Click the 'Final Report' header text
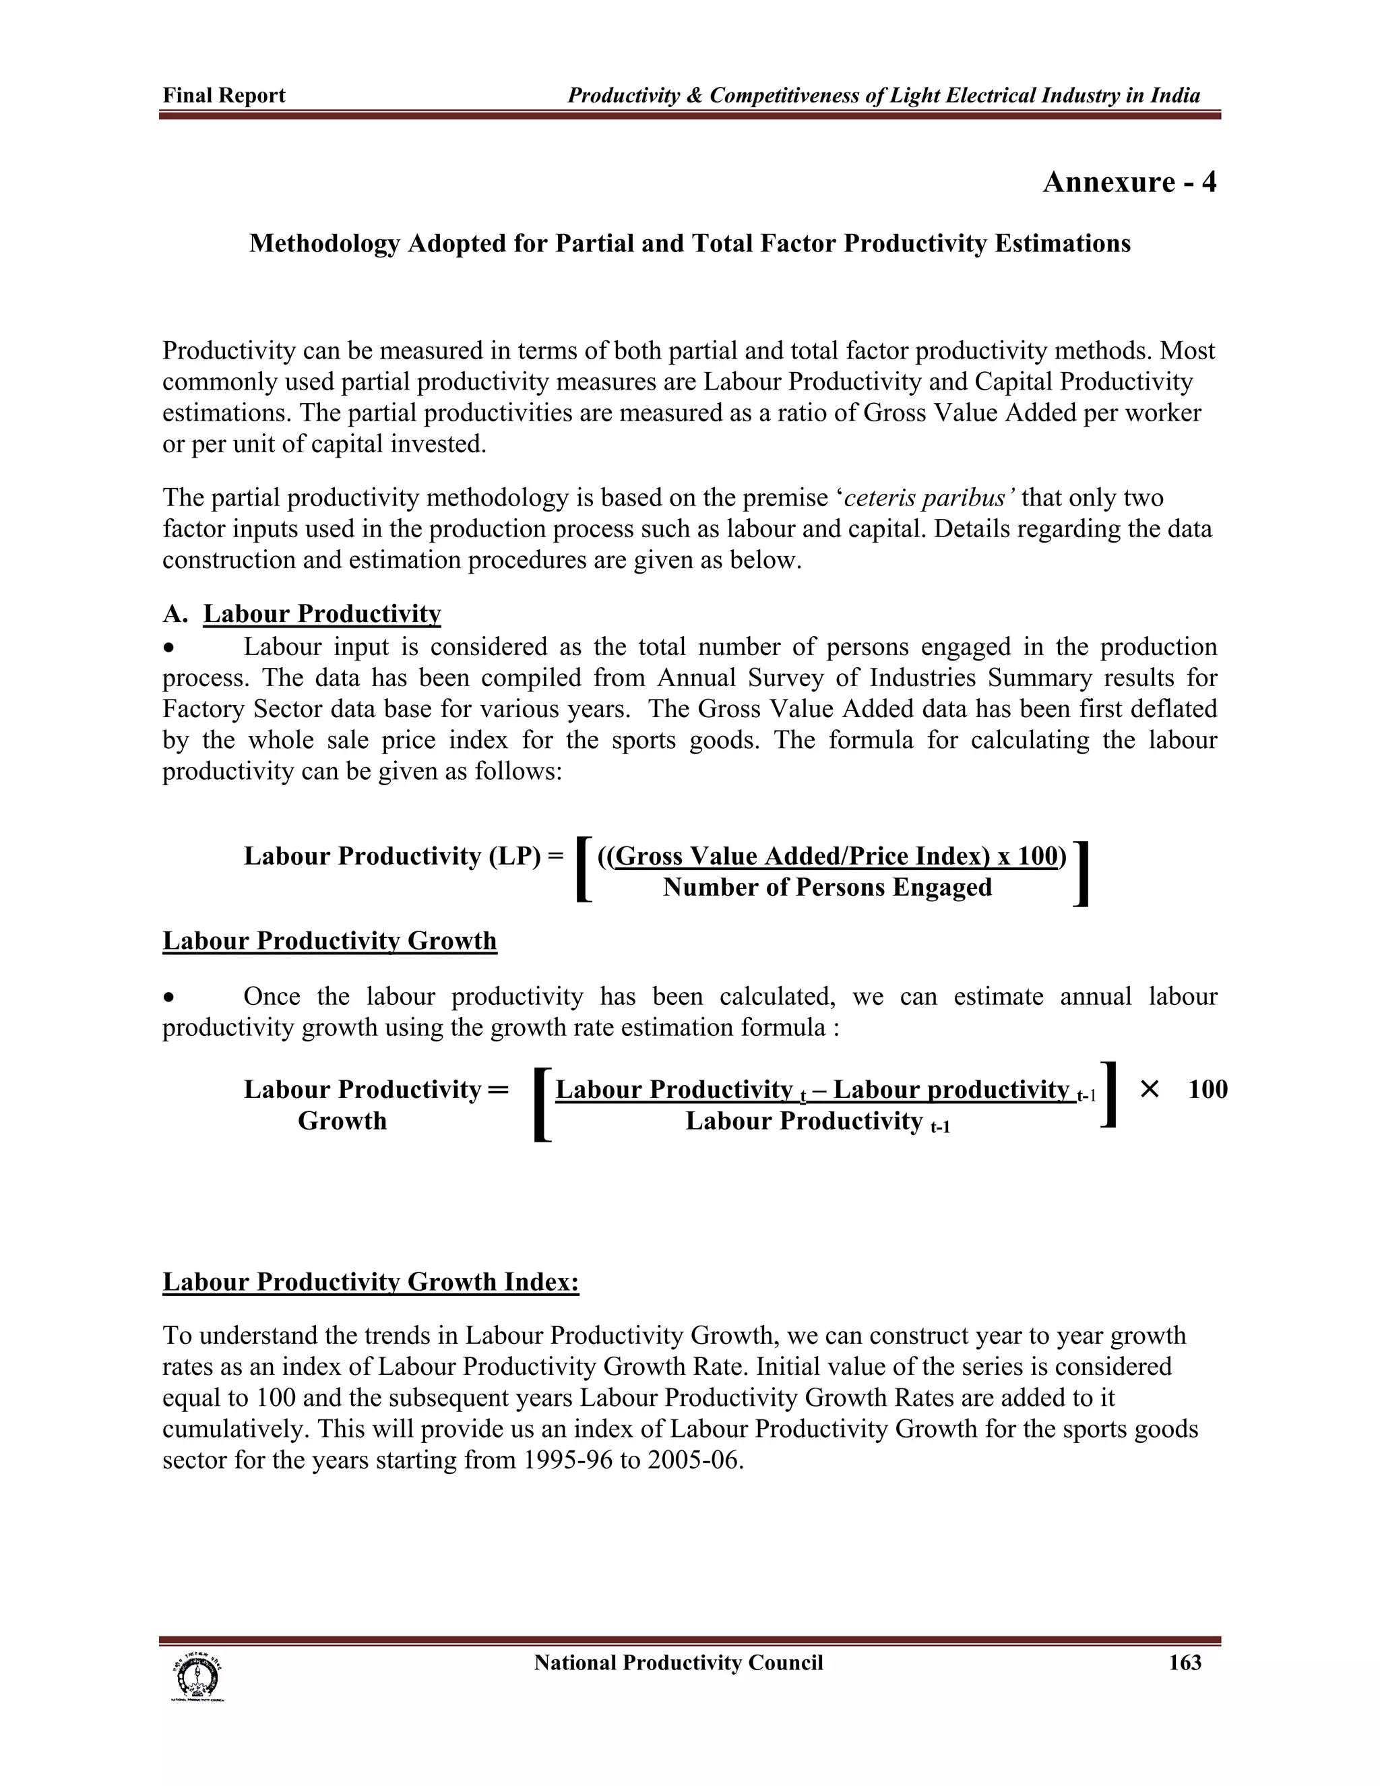[x=224, y=96]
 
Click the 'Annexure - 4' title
[x=1129, y=181]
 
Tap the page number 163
[x=1185, y=1663]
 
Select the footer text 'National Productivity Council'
[x=678, y=1663]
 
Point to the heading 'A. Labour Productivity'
[x=302, y=613]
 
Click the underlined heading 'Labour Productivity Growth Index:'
[x=371, y=1281]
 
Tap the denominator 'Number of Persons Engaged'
[x=827, y=888]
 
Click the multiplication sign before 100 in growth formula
[x=1149, y=1089]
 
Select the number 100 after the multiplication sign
[x=1207, y=1089]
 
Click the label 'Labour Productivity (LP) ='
[x=403, y=856]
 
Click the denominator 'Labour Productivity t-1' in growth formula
[x=817, y=1121]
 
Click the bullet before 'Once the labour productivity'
[x=168, y=997]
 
